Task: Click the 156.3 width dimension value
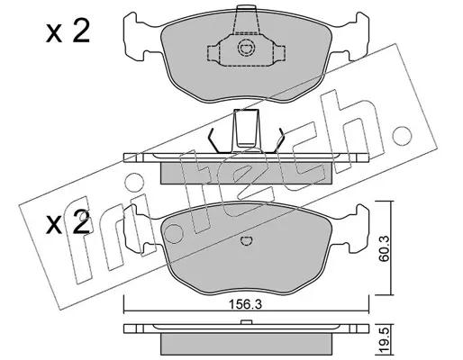tap(245, 304)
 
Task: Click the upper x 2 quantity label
tap(68, 32)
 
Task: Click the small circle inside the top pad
tap(246, 48)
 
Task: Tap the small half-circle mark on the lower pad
tap(247, 240)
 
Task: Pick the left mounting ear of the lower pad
tap(141, 229)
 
